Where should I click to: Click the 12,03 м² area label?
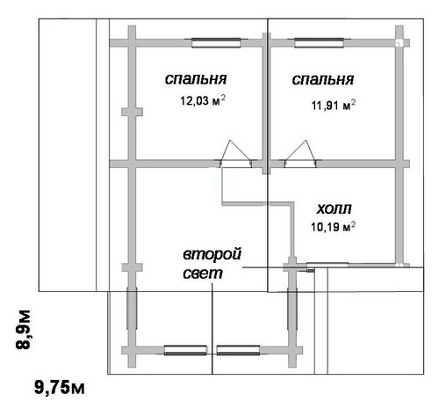(203, 100)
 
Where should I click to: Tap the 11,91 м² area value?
(334, 105)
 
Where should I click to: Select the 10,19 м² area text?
(334, 227)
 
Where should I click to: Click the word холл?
(334, 208)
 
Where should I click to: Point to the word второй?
(212, 254)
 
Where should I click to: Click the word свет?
(203, 274)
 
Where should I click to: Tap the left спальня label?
(196, 79)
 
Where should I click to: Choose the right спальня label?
(323, 79)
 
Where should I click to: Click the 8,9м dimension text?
(23, 329)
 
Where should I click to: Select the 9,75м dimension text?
(60, 387)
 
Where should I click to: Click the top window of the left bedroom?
(216, 43)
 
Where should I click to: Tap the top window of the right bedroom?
(319, 43)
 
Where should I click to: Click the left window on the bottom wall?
(185, 350)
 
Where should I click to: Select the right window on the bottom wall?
(238, 350)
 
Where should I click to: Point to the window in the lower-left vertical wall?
(132, 309)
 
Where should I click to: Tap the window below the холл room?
(327, 265)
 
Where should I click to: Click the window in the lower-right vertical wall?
(292, 309)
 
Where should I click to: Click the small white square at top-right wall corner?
(399, 43)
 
